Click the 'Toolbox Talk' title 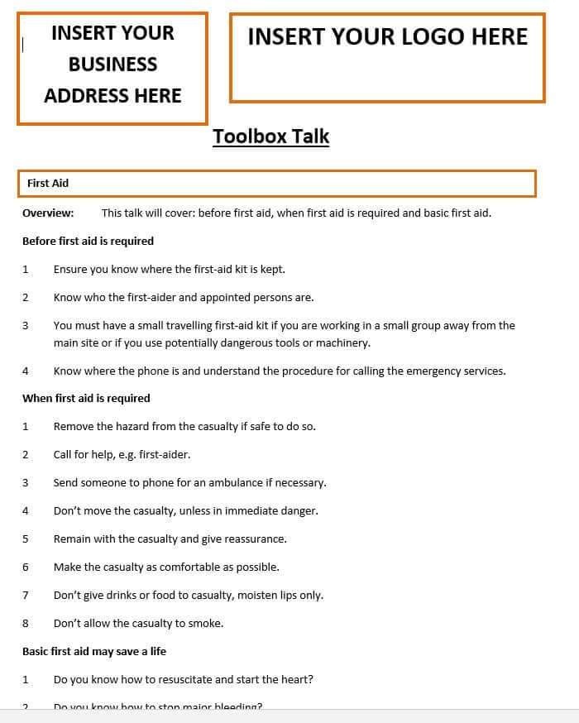pos(270,136)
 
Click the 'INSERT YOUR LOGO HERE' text pos(387,36)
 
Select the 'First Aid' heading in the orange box pos(48,183)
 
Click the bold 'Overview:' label pos(48,213)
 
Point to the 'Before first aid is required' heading pos(88,241)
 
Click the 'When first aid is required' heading pos(86,398)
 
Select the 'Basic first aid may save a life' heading pos(94,651)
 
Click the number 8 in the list pos(26,623)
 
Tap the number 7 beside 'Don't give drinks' pos(26,595)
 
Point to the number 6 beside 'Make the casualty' pos(26,567)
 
